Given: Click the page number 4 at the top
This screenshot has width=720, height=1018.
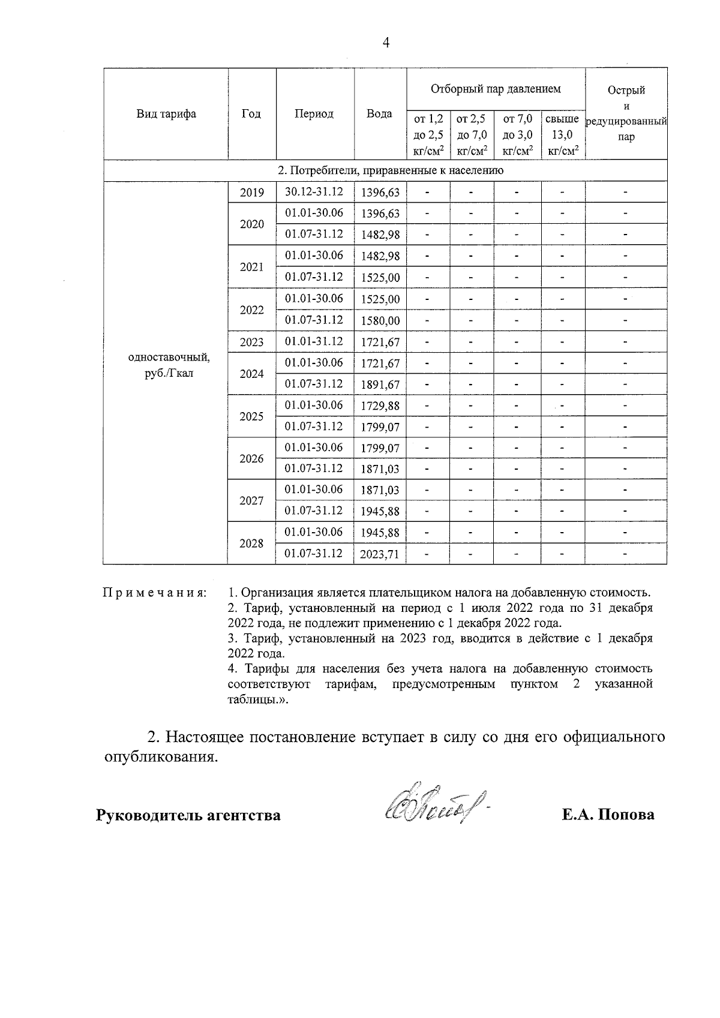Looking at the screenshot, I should coord(386,43).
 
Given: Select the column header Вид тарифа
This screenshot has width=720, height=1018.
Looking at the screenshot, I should coord(166,114).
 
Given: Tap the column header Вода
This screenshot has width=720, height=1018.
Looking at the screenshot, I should coord(379,114).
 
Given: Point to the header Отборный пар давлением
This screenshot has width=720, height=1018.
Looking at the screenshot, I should coord(496,89).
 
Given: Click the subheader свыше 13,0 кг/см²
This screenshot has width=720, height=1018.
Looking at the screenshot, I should coord(562,135).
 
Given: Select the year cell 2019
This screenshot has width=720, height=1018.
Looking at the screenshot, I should coord(251,193).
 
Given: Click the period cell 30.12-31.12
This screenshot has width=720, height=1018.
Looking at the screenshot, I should coord(314,192).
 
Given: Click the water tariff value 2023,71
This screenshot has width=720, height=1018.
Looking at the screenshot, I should coord(379,554).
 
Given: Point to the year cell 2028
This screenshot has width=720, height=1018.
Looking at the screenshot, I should coord(251,543).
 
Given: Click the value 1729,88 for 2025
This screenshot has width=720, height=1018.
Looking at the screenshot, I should coord(380,406).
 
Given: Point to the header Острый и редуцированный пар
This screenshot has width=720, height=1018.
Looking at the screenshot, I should coord(626,114).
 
